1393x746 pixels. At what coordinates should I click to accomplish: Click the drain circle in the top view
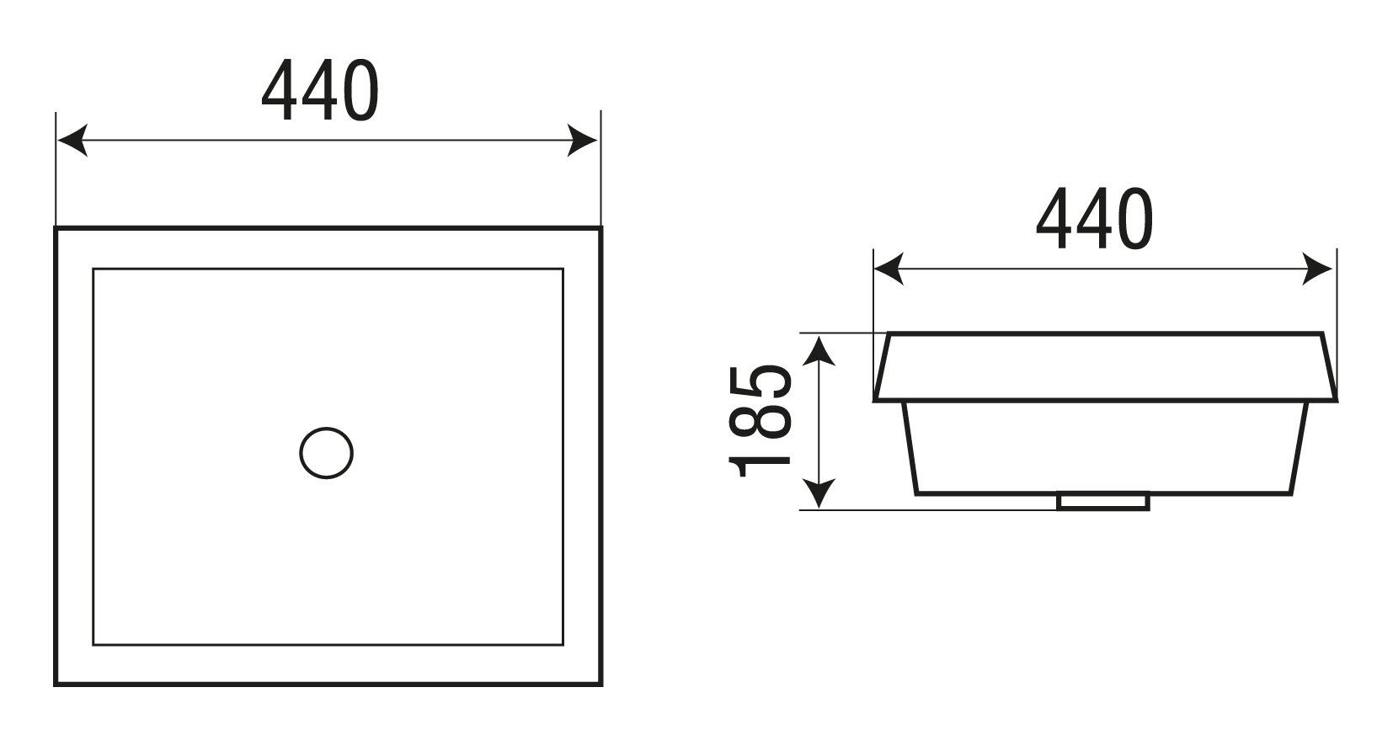(x=326, y=453)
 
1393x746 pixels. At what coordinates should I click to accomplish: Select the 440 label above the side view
(x=1094, y=219)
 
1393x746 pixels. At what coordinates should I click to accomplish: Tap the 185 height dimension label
(x=761, y=421)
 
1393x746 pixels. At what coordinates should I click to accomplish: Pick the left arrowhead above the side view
(x=889, y=269)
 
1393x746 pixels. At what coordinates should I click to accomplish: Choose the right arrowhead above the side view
(x=1318, y=269)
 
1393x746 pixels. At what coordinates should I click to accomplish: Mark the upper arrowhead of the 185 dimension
(x=819, y=349)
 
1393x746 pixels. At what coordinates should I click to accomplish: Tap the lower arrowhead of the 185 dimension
(x=819, y=493)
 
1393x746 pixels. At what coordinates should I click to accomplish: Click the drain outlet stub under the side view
(x=1103, y=502)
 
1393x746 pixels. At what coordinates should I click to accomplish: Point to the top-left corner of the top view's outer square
(x=56, y=228)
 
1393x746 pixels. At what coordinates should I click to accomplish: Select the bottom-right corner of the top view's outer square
(x=600, y=684)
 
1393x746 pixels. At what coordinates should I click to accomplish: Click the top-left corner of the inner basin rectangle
(x=93, y=269)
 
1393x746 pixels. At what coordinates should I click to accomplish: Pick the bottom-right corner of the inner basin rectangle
(x=562, y=644)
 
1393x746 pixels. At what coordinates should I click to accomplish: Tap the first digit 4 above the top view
(x=280, y=91)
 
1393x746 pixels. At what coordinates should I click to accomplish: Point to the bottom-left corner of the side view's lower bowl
(x=916, y=493)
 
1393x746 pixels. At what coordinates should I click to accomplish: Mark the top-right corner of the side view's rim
(x=1322, y=334)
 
